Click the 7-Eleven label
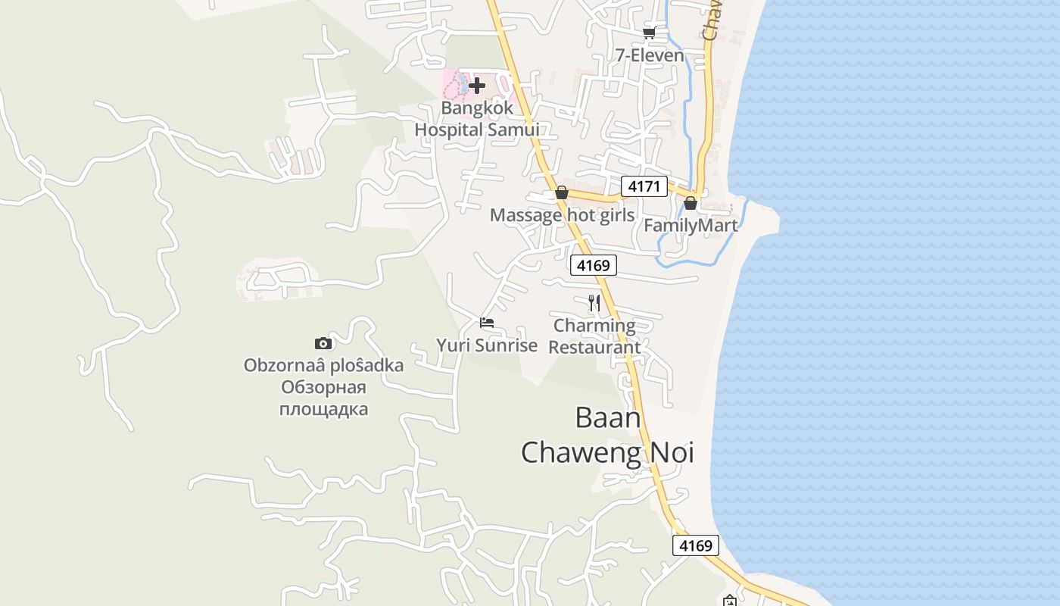pyautogui.click(x=649, y=55)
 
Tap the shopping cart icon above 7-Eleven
pyautogui.click(x=649, y=32)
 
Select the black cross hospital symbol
pyautogui.click(x=477, y=86)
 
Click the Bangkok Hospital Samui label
pyautogui.click(x=477, y=119)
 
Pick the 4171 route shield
pyautogui.click(x=644, y=186)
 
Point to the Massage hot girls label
pyautogui.click(x=562, y=215)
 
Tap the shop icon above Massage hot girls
pyautogui.click(x=562, y=193)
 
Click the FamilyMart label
pyautogui.click(x=691, y=225)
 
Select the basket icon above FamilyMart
pyautogui.click(x=691, y=203)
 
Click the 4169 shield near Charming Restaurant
pyautogui.click(x=594, y=265)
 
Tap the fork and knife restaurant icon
pyautogui.click(x=594, y=304)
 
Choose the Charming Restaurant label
pyautogui.click(x=594, y=336)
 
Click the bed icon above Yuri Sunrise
pyautogui.click(x=487, y=323)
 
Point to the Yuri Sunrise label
pyautogui.click(x=487, y=345)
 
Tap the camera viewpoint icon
pyautogui.click(x=323, y=343)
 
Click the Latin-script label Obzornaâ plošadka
pyautogui.click(x=323, y=365)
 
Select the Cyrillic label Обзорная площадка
pyautogui.click(x=323, y=398)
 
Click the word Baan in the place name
pyautogui.click(x=608, y=417)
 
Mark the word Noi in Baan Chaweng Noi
pyautogui.click(x=668, y=452)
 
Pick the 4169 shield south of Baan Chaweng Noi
pyautogui.click(x=695, y=545)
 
